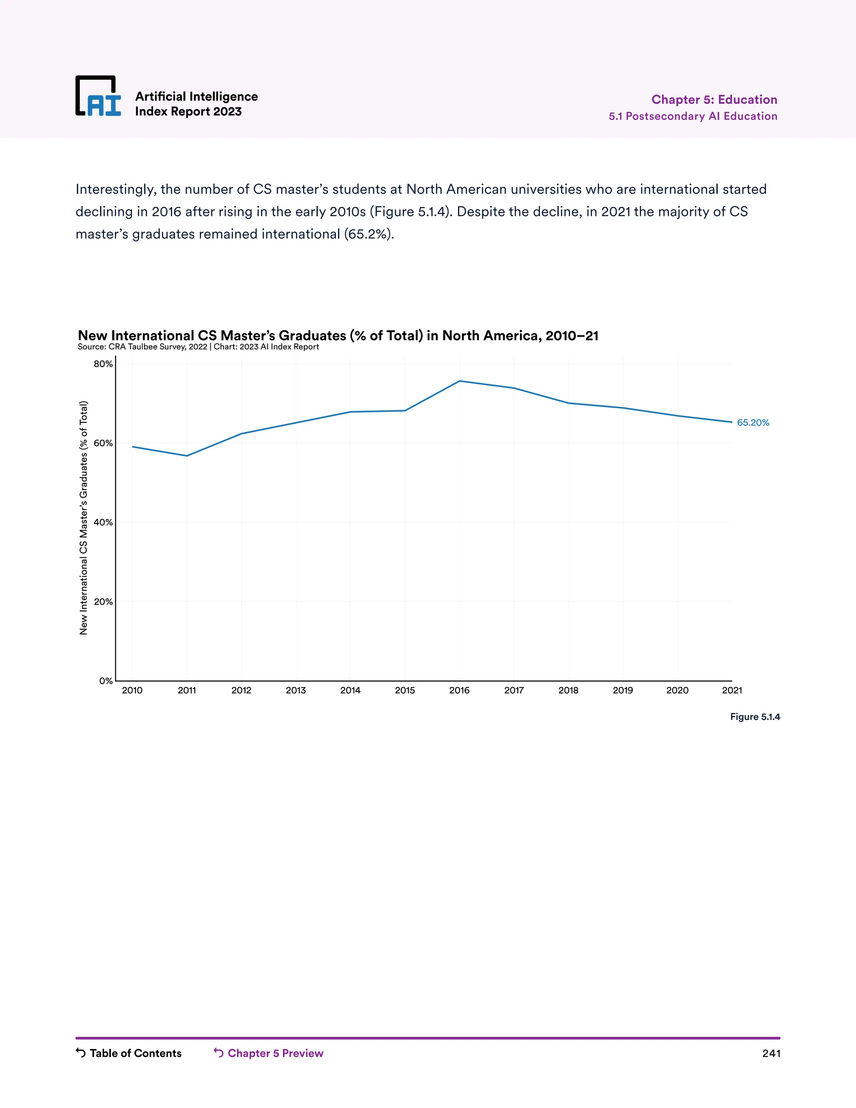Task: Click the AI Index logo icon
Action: (x=98, y=97)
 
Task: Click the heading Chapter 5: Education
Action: (x=714, y=100)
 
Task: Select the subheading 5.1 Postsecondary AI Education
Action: (x=693, y=116)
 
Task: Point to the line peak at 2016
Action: (x=459, y=381)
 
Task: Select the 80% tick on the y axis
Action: (x=103, y=364)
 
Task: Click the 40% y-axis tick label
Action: (x=103, y=523)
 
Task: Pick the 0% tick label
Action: (x=105, y=681)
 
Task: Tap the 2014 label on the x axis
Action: (x=350, y=690)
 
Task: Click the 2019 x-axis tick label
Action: (x=623, y=690)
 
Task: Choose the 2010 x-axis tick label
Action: (x=132, y=690)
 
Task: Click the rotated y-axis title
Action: (x=84, y=518)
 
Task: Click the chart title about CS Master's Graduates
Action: (x=338, y=335)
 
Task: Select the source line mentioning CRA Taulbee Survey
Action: (x=198, y=347)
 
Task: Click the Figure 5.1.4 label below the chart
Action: (x=754, y=717)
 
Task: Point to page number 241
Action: (x=771, y=1053)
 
